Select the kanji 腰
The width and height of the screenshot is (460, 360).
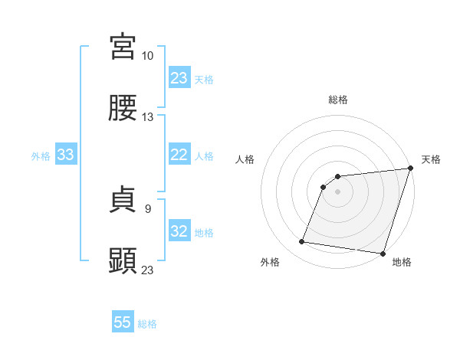click(x=123, y=110)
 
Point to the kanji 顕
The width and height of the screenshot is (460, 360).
click(x=123, y=261)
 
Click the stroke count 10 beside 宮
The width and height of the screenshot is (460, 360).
click(x=147, y=56)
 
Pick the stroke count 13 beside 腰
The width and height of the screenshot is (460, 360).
click(x=147, y=117)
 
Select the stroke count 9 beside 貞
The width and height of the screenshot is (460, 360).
click(x=148, y=208)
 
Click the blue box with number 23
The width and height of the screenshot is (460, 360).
click(x=179, y=78)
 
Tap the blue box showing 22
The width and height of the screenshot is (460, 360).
click(x=179, y=155)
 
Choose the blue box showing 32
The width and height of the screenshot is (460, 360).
click(x=179, y=231)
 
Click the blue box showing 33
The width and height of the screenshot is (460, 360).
click(x=66, y=155)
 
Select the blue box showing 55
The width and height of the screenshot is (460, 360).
click(x=123, y=322)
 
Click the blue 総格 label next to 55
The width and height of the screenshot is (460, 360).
click(x=147, y=324)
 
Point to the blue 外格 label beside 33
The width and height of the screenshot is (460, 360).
click(x=41, y=155)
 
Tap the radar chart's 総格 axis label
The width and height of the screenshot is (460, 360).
click(x=338, y=100)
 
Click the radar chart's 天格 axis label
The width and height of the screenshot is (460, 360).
click(x=431, y=159)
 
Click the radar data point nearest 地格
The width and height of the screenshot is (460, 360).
click(x=383, y=254)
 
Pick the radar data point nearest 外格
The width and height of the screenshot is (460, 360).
click(x=302, y=242)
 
